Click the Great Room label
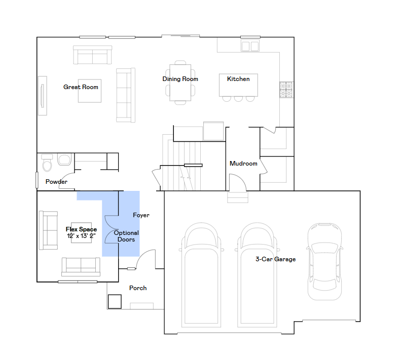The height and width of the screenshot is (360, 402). (x=81, y=87)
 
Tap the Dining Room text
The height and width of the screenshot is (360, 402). (x=180, y=79)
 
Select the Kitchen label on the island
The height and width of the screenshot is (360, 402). (x=238, y=79)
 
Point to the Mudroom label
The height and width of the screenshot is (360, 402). (x=243, y=164)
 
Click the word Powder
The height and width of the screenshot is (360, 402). (x=56, y=182)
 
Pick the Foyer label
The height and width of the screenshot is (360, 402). (x=141, y=215)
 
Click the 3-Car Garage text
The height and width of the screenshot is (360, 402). (x=276, y=259)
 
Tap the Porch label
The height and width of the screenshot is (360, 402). (x=138, y=288)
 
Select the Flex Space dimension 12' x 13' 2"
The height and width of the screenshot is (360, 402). (x=81, y=236)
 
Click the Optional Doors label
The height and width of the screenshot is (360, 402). (x=126, y=236)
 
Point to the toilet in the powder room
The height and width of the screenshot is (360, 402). (x=47, y=163)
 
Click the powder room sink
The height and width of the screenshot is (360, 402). (x=64, y=159)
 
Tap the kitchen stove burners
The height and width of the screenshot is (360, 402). (x=286, y=90)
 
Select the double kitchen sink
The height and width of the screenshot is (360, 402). (x=250, y=46)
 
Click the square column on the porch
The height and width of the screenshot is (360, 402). (x=115, y=302)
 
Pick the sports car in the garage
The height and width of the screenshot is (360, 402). (x=324, y=261)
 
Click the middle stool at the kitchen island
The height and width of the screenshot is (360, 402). (x=238, y=99)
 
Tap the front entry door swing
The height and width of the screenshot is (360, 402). (x=145, y=259)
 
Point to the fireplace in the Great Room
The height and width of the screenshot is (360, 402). (x=43, y=96)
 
